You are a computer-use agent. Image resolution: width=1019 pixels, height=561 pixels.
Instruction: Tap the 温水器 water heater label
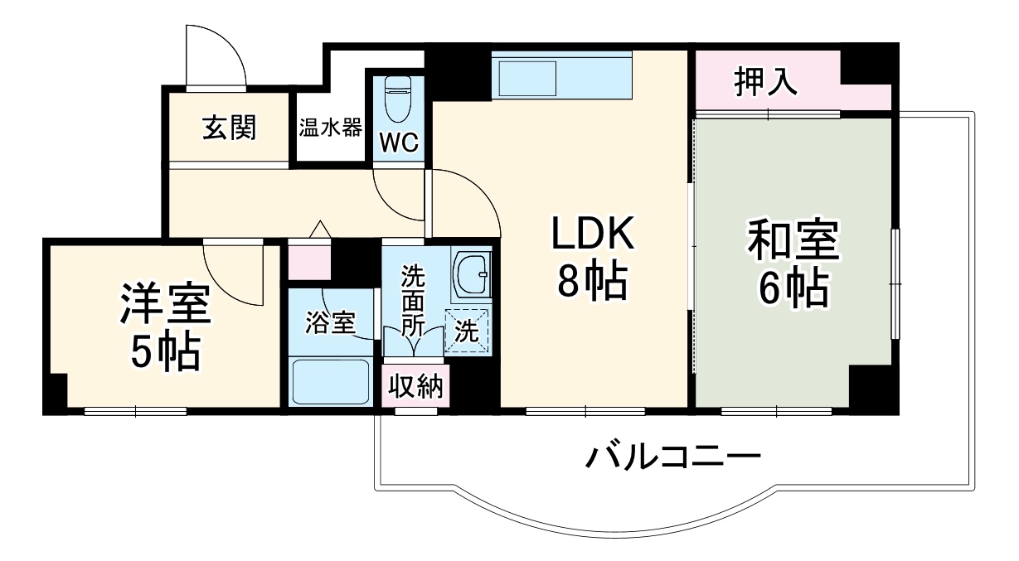point(330,128)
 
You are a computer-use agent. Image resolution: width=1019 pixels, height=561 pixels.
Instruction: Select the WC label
point(398,143)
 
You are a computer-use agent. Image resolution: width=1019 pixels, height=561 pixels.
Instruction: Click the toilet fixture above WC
point(398,99)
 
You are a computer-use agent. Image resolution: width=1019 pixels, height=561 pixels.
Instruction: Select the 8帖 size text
point(592,285)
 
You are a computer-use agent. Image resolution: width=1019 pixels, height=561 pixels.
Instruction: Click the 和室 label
point(793,241)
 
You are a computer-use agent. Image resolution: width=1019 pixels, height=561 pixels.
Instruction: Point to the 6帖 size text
point(792,289)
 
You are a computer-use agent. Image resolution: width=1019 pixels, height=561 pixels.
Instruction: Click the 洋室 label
point(166,304)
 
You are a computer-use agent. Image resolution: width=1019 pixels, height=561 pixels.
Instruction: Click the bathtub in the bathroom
point(331,380)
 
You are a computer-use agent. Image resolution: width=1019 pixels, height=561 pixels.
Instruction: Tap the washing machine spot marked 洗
point(468,331)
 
